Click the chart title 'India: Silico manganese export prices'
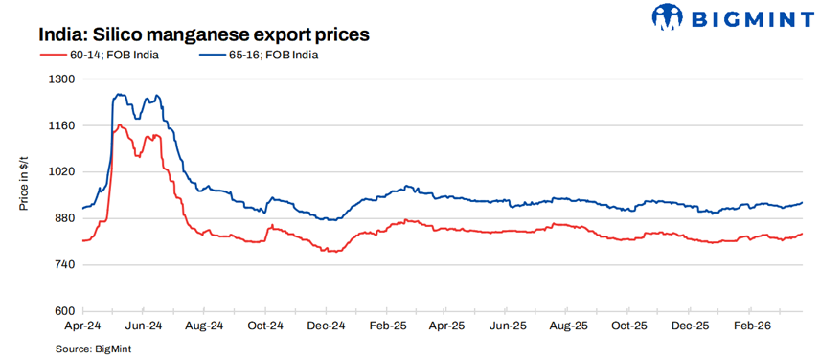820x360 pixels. (204, 34)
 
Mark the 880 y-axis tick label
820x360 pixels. (62, 218)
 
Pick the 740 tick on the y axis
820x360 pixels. (62, 265)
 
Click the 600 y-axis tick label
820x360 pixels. (62, 311)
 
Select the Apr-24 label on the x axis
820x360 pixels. (82, 326)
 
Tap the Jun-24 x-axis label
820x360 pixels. (143, 326)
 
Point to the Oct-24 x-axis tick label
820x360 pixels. (264, 326)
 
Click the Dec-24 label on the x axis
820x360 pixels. (326, 326)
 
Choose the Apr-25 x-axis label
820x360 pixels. (447, 326)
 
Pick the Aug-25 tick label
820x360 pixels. (569, 326)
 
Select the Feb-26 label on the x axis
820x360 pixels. (751, 326)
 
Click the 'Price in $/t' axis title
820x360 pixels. (26, 184)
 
